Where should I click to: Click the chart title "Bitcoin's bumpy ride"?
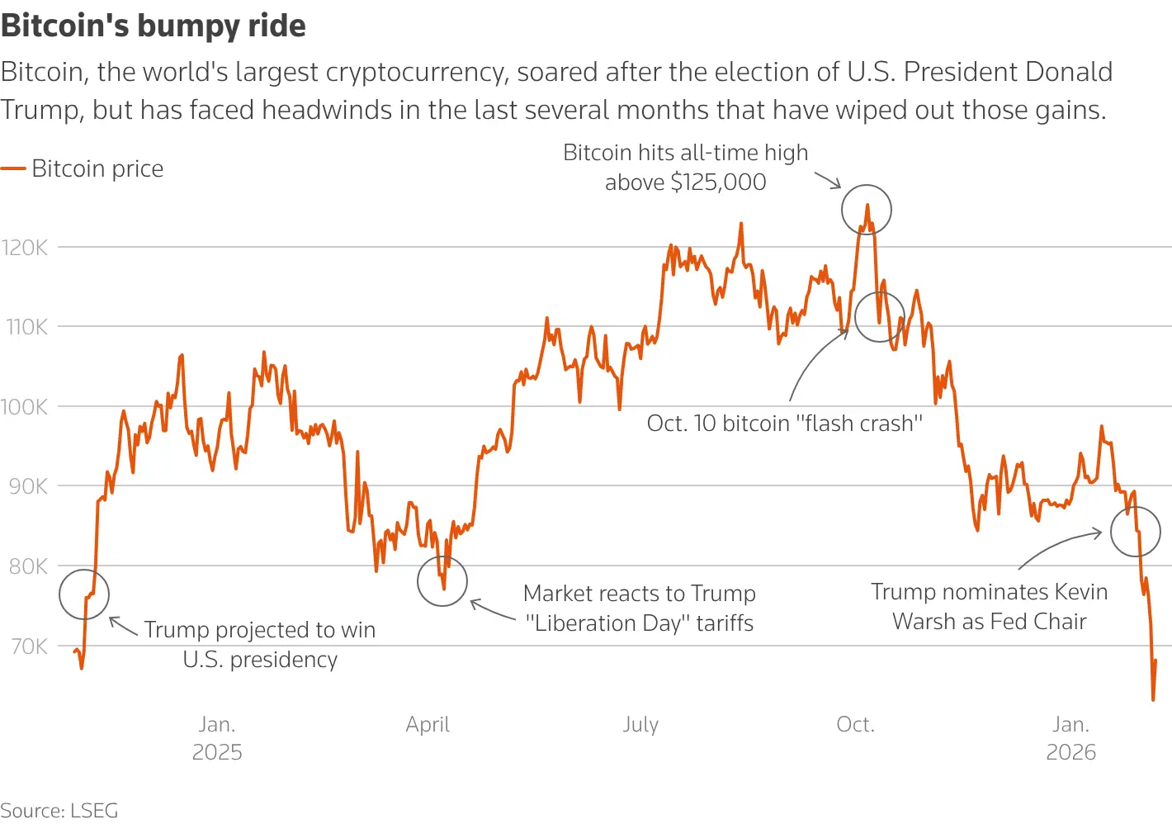coord(154,26)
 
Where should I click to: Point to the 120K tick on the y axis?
coord(25,247)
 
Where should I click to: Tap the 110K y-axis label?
coord(26,327)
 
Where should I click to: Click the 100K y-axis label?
coord(25,406)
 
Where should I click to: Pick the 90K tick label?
coord(27,486)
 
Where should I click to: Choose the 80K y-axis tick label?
coord(27,566)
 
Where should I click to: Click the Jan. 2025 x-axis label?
coord(217,737)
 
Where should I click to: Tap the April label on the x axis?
coord(428,724)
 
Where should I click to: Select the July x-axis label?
coord(640,724)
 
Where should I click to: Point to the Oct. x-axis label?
coord(855,724)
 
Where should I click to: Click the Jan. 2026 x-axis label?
coord(1070,737)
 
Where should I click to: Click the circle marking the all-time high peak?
coord(867,210)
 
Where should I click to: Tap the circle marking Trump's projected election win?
coord(84,594)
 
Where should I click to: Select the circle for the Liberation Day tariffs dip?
coord(442,581)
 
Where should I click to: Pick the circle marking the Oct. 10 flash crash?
coord(880,316)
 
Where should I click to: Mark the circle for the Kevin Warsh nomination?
coord(1136,532)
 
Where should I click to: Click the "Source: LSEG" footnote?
coord(59,810)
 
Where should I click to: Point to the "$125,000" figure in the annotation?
coord(718,182)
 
